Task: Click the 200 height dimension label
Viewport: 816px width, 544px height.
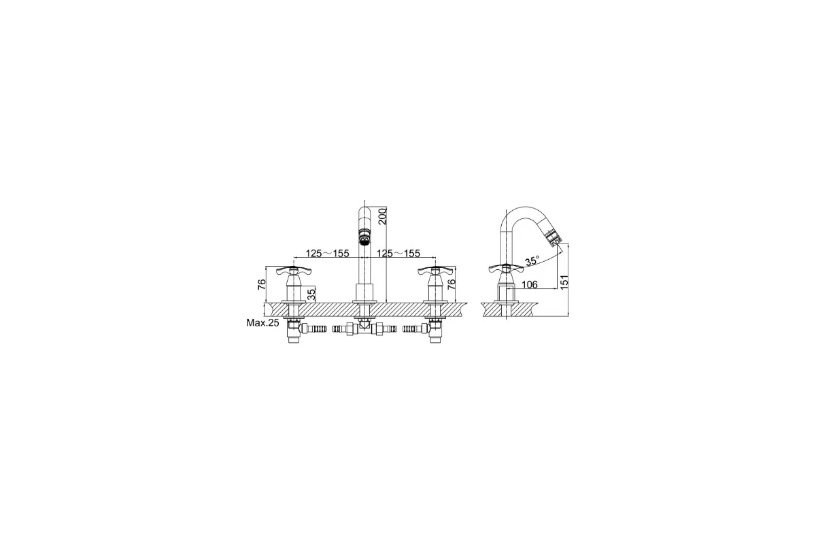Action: pyautogui.click(x=381, y=216)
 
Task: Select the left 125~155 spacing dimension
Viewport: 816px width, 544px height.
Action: pyautogui.click(x=327, y=253)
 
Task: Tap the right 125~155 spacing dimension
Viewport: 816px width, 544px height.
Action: pyautogui.click(x=398, y=253)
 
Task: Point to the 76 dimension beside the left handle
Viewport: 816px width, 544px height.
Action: pyautogui.click(x=262, y=284)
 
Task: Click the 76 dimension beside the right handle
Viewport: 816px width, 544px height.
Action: pyautogui.click(x=451, y=284)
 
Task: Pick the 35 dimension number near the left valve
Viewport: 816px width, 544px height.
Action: pyautogui.click(x=311, y=294)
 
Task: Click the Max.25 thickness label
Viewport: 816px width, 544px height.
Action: pyautogui.click(x=262, y=322)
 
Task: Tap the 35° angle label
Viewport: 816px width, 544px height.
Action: pyautogui.click(x=532, y=261)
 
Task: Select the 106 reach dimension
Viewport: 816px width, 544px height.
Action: pyautogui.click(x=529, y=284)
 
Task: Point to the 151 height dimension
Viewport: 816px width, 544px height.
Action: pyautogui.click(x=564, y=282)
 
